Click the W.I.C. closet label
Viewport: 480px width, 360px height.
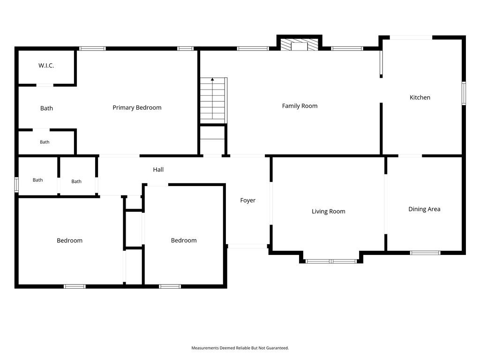pyautogui.click(x=46, y=66)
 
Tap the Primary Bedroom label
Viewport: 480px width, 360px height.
pyautogui.click(x=137, y=108)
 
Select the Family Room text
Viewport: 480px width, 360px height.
pyautogui.click(x=300, y=106)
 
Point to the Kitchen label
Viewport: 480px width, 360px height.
pyautogui.click(x=420, y=97)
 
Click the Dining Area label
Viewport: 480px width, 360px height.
pyautogui.click(x=424, y=209)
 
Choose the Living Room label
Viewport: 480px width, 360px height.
pyautogui.click(x=329, y=211)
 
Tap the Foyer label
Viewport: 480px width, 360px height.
pyautogui.click(x=247, y=201)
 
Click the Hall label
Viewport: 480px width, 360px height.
pyautogui.click(x=158, y=170)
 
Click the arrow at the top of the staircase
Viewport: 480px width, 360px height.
pyautogui.click(x=212, y=80)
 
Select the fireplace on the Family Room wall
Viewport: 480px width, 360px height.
pyautogui.click(x=300, y=45)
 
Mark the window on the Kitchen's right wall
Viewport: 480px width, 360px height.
pyautogui.click(x=464, y=93)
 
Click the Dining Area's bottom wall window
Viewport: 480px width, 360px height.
pyautogui.click(x=425, y=253)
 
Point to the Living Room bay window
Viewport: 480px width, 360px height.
pyautogui.click(x=331, y=262)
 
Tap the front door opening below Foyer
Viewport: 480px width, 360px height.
pyautogui.click(x=247, y=246)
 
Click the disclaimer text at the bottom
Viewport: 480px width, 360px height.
pyautogui.click(x=240, y=348)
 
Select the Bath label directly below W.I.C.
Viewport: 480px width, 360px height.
pyautogui.click(x=46, y=108)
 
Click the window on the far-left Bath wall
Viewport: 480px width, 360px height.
pyautogui.click(x=16, y=185)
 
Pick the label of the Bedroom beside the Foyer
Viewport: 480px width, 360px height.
pyautogui.click(x=184, y=240)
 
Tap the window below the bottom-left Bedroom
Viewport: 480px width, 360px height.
pyautogui.click(x=75, y=286)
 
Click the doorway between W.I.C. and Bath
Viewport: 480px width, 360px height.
pyautogui.click(x=45, y=85)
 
